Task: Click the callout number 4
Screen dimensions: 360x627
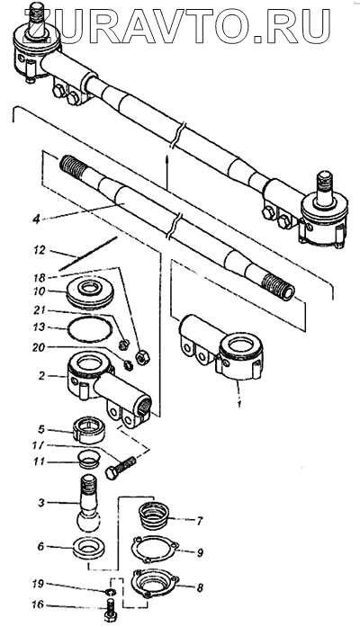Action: (36, 219)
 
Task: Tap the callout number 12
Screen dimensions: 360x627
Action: (40, 251)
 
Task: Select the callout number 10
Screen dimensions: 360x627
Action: (40, 291)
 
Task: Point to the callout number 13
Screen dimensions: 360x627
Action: (40, 327)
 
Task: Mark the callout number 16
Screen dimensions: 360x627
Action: (38, 605)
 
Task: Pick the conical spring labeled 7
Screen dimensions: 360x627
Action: (154, 515)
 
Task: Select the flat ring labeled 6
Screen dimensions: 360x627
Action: (88, 548)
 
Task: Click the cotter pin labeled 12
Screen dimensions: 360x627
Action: (87, 253)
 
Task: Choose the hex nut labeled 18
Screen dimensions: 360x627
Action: (143, 355)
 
